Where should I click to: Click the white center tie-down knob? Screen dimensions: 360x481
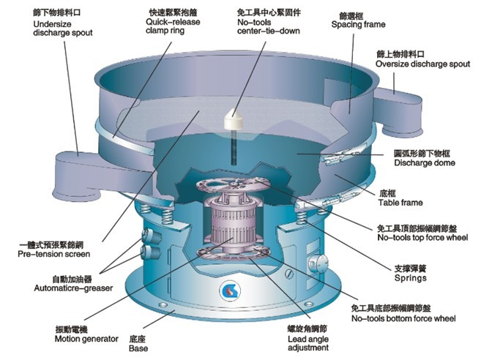[236, 117]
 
